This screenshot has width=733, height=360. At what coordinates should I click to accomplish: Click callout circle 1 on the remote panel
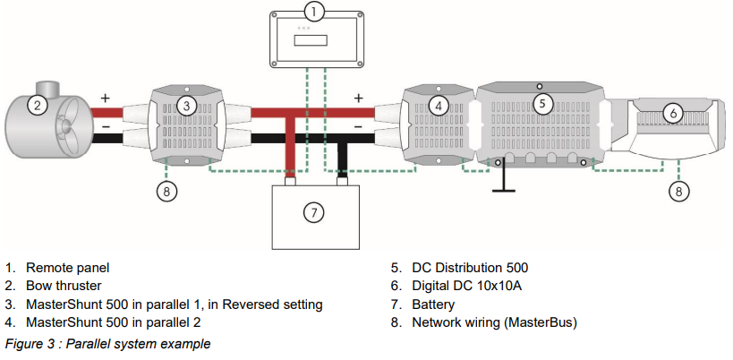tap(312, 13)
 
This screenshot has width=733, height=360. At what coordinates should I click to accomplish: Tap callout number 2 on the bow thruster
tap(37, 106)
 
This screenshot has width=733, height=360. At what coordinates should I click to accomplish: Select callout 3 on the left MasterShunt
tap(185, 106)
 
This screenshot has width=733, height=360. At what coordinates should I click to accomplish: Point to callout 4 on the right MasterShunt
tap(438, 106)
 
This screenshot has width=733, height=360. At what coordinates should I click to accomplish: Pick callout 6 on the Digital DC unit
tap(674, 113)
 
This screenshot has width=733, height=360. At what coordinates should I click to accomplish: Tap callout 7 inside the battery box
tap(312, 212)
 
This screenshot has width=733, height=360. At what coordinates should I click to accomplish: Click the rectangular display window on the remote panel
tap(312, 41)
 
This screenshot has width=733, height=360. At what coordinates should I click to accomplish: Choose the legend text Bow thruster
tap(64, 286)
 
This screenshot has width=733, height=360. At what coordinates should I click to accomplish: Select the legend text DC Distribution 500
tap(470, 267)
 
